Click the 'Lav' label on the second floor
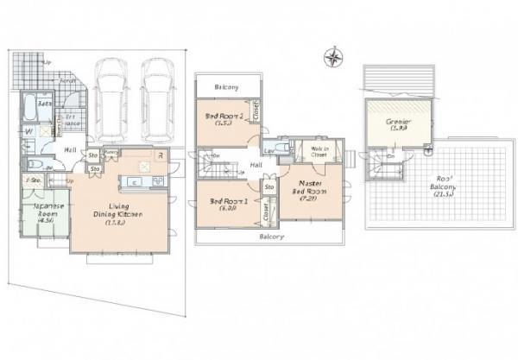point(268,150)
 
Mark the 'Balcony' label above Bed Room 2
point(227,87)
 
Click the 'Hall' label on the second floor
point(256,164)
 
